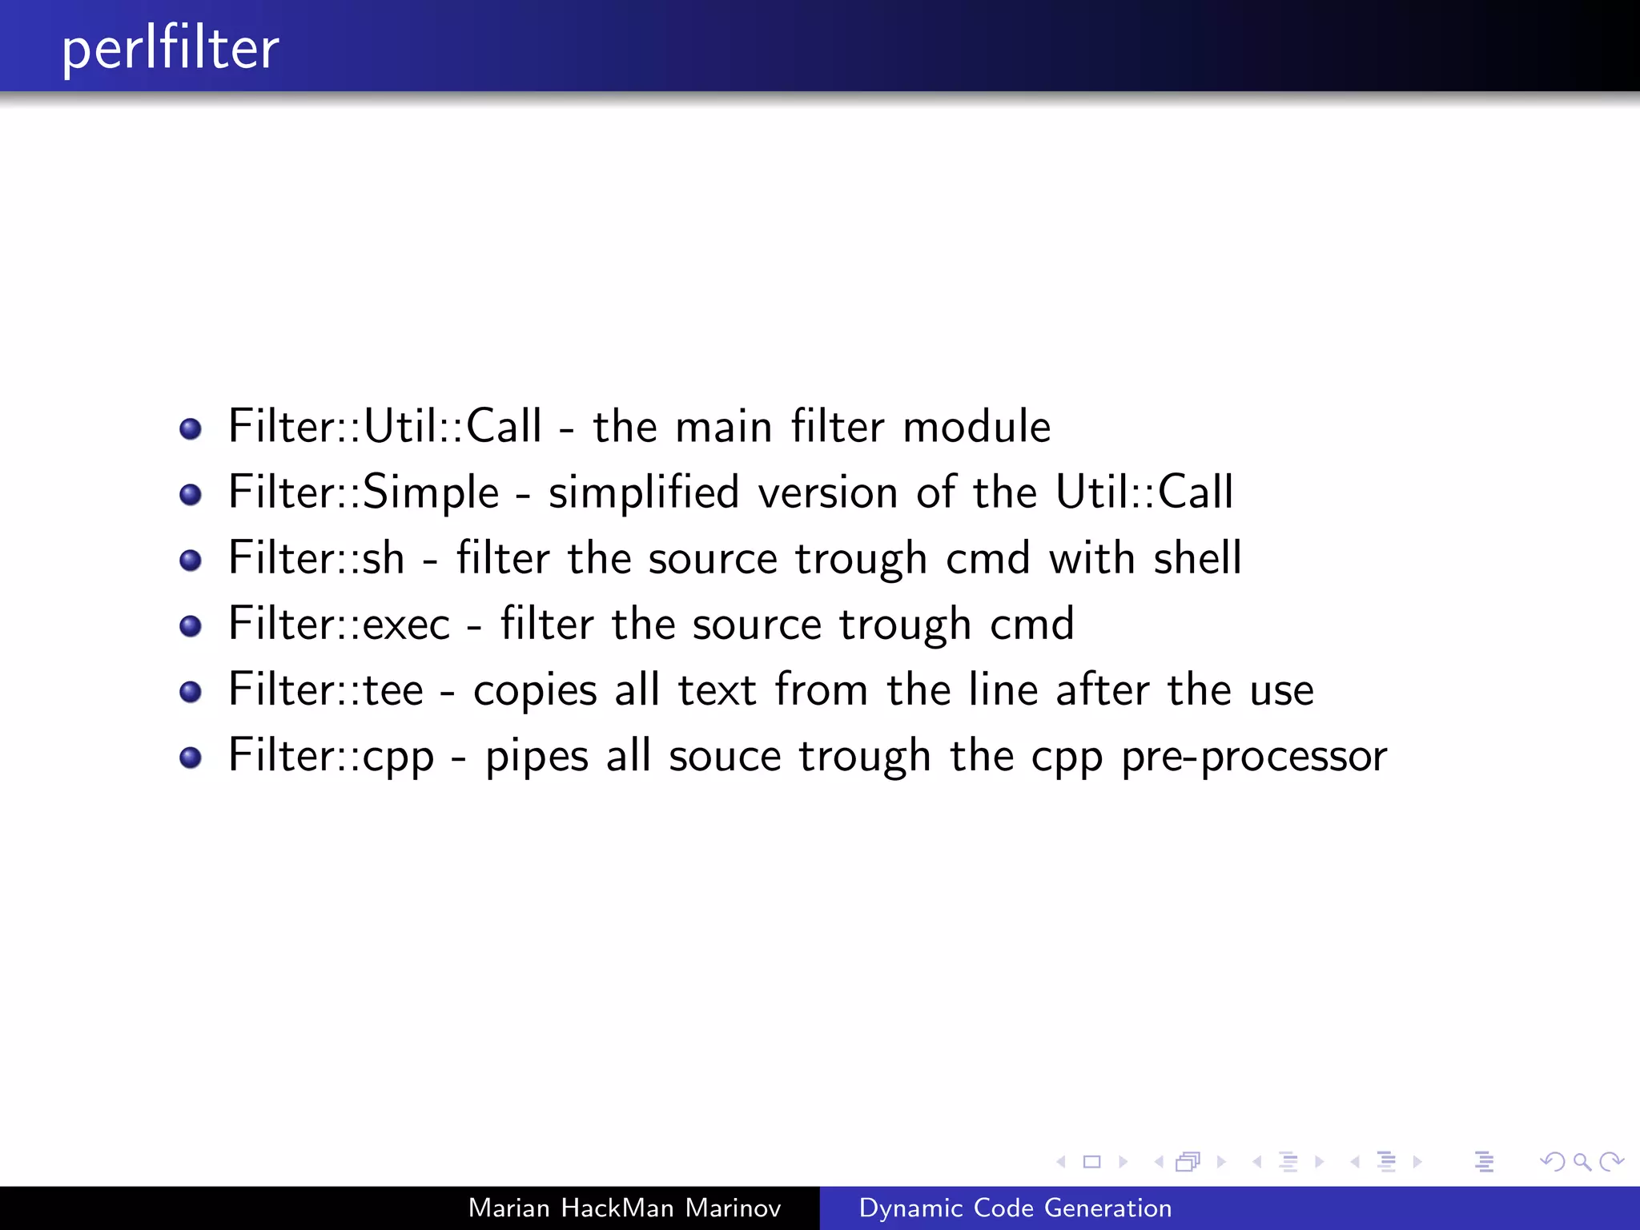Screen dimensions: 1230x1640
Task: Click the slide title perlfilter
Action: (x=171, y=48)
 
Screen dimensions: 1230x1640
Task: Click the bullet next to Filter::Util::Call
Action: (x=191, y=428)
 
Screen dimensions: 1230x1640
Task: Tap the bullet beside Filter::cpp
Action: (x=191, y=758)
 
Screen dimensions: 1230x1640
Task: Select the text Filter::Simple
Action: (x=364, y=492)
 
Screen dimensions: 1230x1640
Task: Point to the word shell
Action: (x=1197, y=557)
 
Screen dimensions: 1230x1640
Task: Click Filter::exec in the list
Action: (x=340, y=624)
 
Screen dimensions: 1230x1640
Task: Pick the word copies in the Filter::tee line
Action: (x=535, y=690)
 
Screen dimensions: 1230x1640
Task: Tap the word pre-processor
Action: (x=1253, y=757)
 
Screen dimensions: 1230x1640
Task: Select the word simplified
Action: (x=643, y=492)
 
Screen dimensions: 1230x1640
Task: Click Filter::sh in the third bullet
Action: (x=316, y=557)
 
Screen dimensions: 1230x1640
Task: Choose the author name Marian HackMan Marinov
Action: (x=624, y=1208)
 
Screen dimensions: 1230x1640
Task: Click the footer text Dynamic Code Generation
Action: (x=1015, y=1208)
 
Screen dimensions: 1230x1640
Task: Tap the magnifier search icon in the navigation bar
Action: (x=1582, y=1161)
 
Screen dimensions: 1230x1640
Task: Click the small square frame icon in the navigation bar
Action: (x=1091, y=1161)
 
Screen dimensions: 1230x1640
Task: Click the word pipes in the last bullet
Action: (x=537, y=757)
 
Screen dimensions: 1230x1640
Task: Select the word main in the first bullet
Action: (x=724, y=426)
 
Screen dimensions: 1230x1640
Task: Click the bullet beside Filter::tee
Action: (x=191, y=691)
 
